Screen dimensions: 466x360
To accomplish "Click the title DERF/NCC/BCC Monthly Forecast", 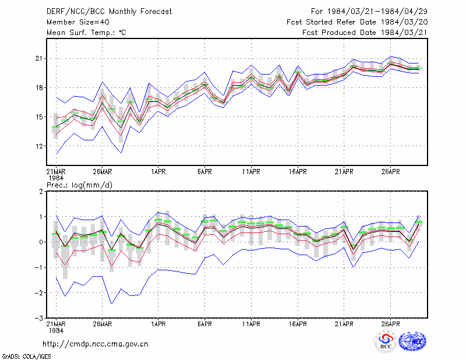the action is tap(109, 12).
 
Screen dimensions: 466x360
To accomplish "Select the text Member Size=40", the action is tap(78, 22).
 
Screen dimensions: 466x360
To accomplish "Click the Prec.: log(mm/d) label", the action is tap(79, 185).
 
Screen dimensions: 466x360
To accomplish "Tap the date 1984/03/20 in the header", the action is tap(404, 22).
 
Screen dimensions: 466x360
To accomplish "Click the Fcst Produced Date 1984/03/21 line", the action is tap(365, 33).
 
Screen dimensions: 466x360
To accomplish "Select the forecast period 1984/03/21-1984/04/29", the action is tap(377, 12).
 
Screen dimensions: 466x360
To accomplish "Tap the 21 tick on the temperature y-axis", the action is tap(39, 59).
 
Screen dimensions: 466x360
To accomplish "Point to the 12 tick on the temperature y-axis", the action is tap(39, 146).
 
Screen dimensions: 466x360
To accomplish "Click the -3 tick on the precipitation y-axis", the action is tap(38, 319).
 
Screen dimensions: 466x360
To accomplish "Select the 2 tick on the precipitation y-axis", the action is tap(41, 191).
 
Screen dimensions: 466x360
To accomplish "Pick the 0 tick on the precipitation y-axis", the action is tap(41, 242).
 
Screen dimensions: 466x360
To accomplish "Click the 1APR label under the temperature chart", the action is tap(158, 172).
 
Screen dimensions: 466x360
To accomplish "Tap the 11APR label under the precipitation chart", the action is tap(251, 324).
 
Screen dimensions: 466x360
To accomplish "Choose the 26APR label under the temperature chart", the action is tap(390, 172).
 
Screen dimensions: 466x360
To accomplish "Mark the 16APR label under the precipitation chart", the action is tap(298, 324).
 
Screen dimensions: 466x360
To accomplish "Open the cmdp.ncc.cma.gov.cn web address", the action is tap(96, 344).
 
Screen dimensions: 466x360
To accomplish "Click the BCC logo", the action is tap(386, 341).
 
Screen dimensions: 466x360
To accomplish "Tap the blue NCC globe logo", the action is tap(412, 341).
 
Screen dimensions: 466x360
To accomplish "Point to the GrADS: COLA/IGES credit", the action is tap(27, 357).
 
